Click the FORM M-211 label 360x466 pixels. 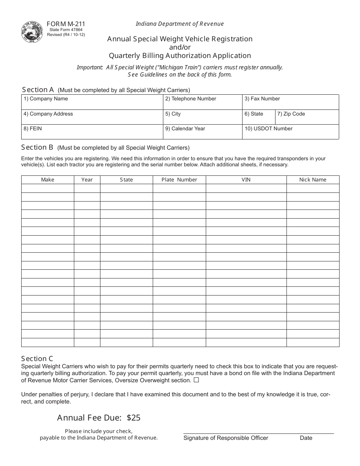point(63,24)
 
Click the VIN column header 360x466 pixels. point(246,180)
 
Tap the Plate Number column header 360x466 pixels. point(179,180)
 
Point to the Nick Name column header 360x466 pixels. point(313,180)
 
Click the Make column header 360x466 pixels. point(47,180)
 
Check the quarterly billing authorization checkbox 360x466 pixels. point(196,380)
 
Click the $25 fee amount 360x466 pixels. point(133,418)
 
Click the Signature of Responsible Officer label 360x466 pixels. point(226,438)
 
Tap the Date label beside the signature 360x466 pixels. point(306,438)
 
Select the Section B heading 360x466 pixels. point(37,147)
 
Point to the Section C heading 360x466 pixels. point(37,359)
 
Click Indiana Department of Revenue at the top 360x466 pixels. point(180,24)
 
